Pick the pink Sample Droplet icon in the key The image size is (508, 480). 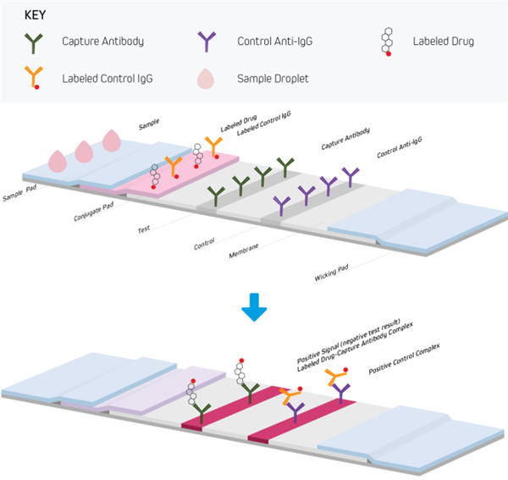coord(205,79)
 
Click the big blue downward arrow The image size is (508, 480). coord(253,310)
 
